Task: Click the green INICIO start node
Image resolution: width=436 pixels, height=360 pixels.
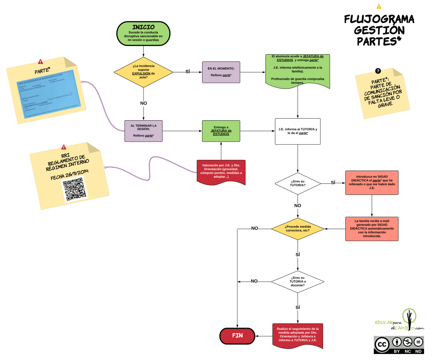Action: (x=144, y=33)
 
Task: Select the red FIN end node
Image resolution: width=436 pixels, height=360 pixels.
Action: (x=237, y=336)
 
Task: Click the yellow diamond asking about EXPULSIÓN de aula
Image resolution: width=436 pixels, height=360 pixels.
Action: (x=144, y=71)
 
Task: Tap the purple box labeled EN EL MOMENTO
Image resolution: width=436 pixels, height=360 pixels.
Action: (x=221, y=72)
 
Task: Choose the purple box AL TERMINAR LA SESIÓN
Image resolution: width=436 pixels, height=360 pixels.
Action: (x=144, y=131)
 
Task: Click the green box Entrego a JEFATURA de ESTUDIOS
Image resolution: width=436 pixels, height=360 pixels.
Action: (x=221, y=131)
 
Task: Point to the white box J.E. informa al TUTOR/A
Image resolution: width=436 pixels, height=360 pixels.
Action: (x=297, y=131)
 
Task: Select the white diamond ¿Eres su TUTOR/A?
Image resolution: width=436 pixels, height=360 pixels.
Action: (x=297, y=183)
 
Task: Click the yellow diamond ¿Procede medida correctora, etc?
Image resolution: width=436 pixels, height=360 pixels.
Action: (x=297, y=229)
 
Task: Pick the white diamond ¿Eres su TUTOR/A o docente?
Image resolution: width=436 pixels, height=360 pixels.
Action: (x=297, y=281)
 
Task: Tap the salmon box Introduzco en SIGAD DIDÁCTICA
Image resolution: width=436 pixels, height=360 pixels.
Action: (x=372, y=183)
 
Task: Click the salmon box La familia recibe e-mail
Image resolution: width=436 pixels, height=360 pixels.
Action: (x=372, y=229)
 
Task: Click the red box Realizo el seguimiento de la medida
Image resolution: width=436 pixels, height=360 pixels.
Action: (x=297, y=335)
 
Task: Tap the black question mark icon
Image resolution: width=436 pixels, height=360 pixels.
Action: (x=378, y=71)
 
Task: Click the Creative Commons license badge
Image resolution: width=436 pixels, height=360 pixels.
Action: (x=398, y=344)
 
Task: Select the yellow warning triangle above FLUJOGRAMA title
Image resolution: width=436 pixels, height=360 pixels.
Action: (x=379, y=6)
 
